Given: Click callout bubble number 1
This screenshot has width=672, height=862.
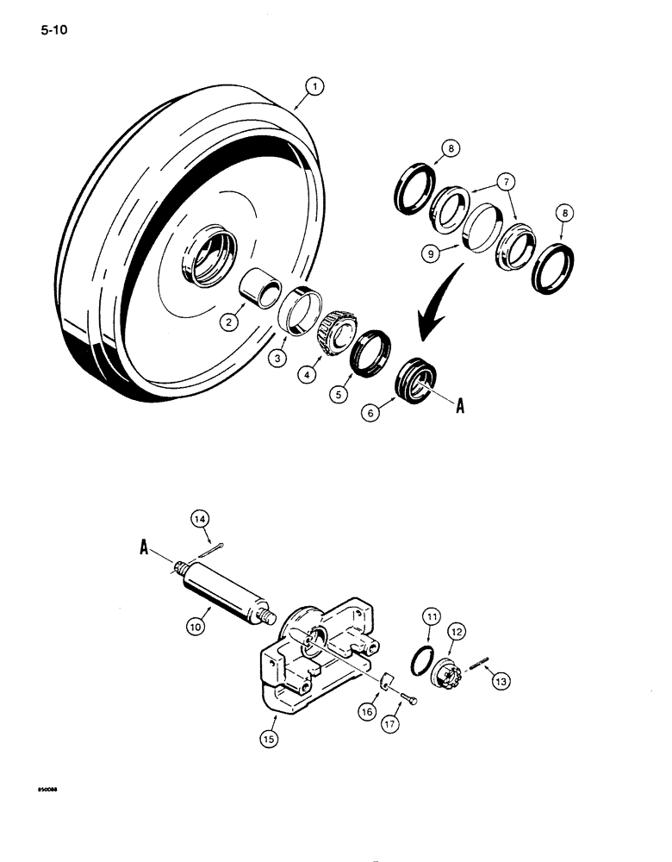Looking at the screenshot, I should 315,86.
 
